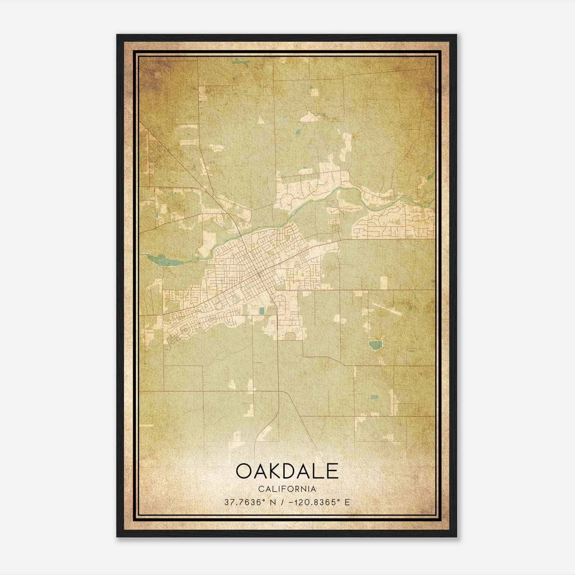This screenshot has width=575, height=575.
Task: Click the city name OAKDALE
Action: (x=287, y=471)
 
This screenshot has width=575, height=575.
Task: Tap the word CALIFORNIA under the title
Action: (x=287, y=489)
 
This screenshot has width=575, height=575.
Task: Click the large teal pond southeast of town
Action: (x=376, y=345)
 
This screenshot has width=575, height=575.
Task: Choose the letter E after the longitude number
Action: (x=347, y=502)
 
